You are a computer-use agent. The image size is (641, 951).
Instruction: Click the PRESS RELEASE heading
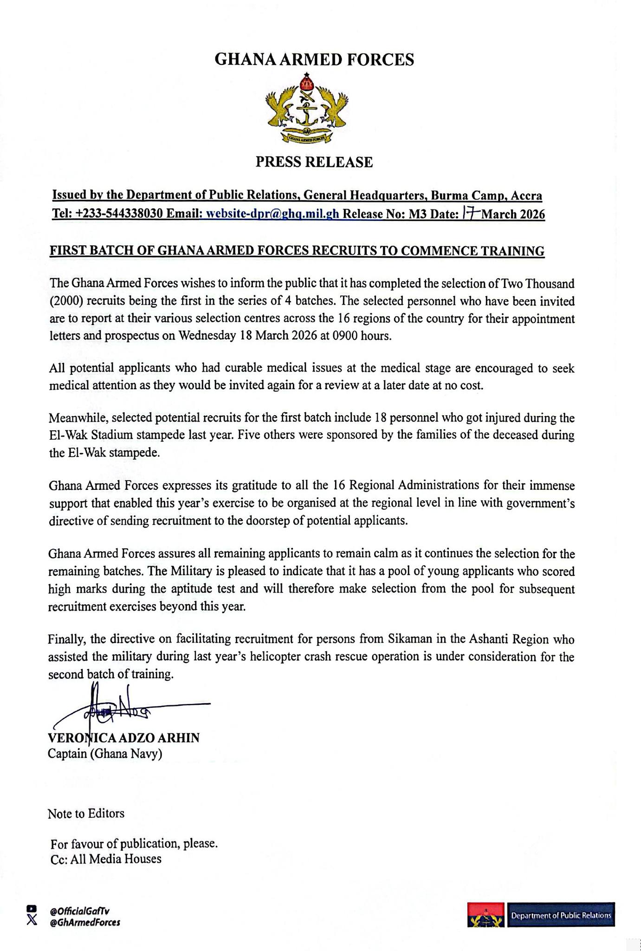click(x=314, y=162)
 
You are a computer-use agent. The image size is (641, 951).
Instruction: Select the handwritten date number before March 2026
click(x=470, y=213)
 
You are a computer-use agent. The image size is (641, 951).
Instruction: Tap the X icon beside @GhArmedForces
click(x=32, y=920)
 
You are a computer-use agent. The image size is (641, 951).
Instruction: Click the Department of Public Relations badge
click(x=560, y=915)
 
